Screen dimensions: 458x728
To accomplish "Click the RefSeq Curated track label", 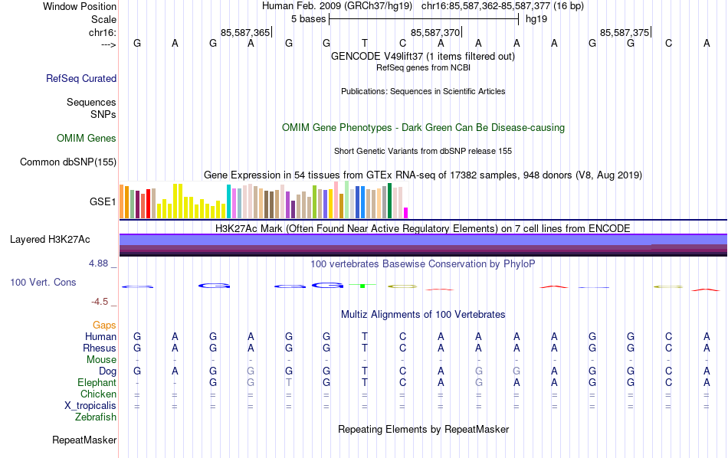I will (81, 78).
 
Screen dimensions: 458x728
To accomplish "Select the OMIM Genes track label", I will (87, 139).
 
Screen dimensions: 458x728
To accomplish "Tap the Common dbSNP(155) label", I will (68, 162).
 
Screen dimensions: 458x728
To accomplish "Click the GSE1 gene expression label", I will (103, 202).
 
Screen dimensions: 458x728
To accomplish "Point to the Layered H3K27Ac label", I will (50, 240).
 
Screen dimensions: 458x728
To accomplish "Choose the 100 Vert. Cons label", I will (43, 283).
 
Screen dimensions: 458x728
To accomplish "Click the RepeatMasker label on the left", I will (84, 440).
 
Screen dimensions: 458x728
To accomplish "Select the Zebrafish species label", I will (96, 417).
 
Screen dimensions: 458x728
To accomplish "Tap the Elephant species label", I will (97, 383).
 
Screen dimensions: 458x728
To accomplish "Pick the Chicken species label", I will (98, 394).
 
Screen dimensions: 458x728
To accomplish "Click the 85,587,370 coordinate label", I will (435, 33).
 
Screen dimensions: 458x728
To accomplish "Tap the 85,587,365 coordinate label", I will (245, 33).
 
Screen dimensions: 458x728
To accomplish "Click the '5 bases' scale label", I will (308, 18).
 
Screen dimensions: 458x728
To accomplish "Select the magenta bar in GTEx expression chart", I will (406, 212).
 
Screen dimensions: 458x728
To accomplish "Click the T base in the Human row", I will (365, 337).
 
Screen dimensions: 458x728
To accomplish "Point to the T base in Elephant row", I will (365, 383).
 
